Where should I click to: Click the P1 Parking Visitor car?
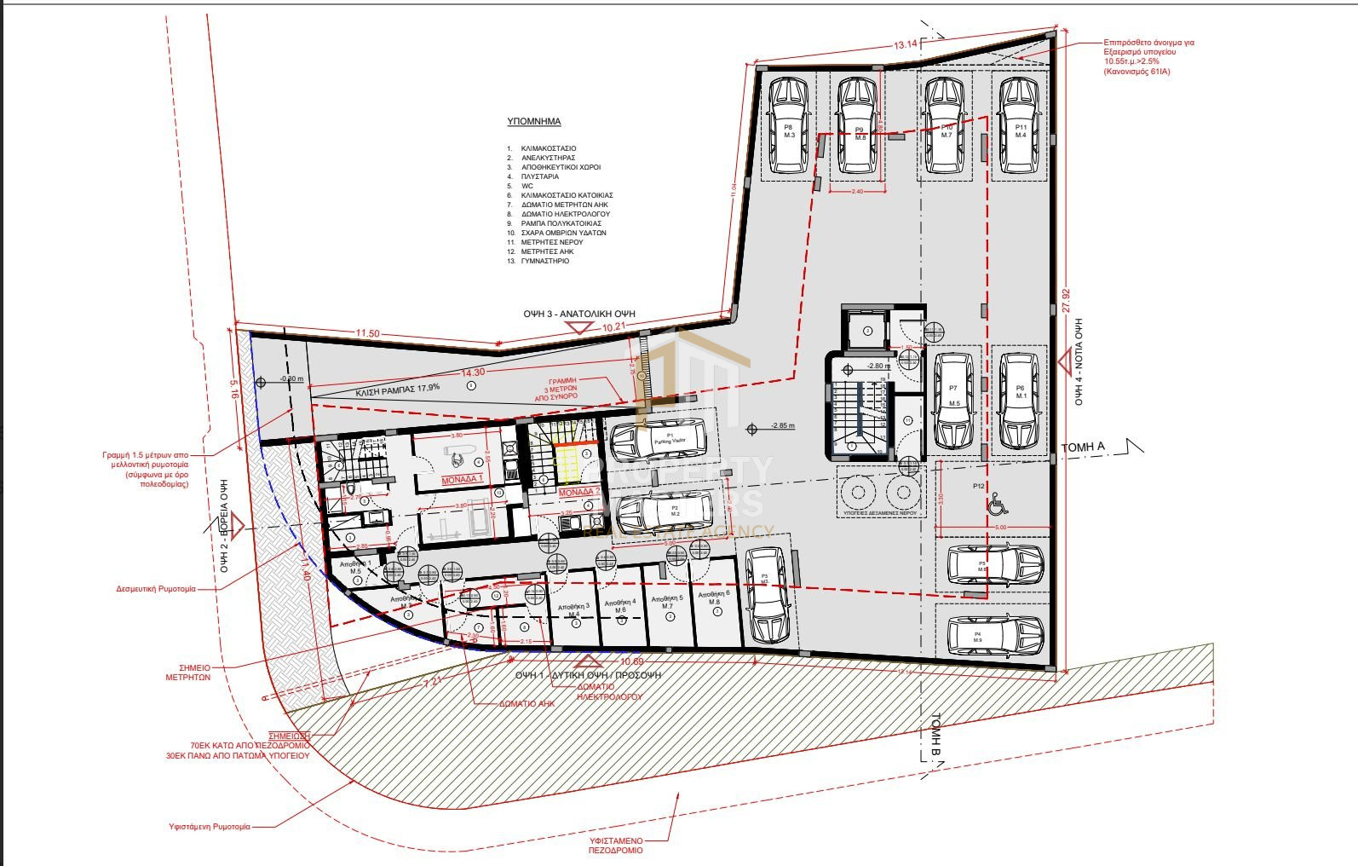click(x=659, y=439)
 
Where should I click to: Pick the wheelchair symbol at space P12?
click(x=998, y=506)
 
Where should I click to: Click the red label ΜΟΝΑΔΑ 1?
click(x=462, y=480)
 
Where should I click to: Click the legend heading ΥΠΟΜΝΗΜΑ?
click(x=533, y=122)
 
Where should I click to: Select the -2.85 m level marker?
click(x=781, y=425)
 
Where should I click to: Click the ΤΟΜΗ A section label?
click(x=1082, y=447)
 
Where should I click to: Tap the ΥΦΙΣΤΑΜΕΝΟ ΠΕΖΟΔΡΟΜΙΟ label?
click(x=616, y=845)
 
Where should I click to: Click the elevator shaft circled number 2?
click(x=867, y=330)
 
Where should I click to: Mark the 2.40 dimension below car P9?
click(x=857, y=192)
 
